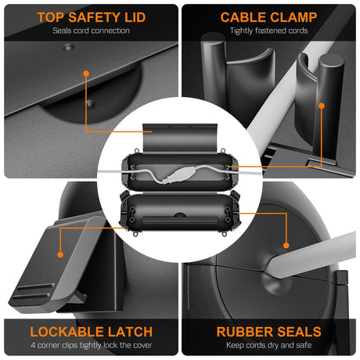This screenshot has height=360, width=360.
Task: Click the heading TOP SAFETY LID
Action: point(92,17)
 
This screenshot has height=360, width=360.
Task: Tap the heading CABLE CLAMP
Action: point(268,17)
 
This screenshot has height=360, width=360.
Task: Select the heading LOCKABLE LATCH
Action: point(92,332)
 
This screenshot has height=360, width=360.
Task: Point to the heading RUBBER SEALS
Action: point(268,332)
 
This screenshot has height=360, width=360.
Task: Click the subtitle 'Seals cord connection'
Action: point(92,31)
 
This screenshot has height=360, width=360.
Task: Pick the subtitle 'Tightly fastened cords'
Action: point(268,31)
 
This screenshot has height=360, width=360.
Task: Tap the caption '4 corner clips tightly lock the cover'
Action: point(92,345)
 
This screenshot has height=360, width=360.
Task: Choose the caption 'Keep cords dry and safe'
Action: point(268,345)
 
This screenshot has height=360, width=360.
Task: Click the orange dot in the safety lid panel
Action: point(86,74)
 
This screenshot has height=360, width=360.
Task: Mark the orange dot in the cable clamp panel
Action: point(322,106)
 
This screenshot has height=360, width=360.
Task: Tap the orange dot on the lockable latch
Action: point(60,254)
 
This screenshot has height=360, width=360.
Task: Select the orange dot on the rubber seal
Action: point(286,245)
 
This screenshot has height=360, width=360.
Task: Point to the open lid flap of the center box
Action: point(180,138)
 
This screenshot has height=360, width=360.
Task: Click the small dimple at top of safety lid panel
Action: point(68,47)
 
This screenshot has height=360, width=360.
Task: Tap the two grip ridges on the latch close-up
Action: point(33,292)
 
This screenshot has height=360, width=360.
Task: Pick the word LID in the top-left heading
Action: point(135,17)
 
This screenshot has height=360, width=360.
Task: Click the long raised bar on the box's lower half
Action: point(180,221)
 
